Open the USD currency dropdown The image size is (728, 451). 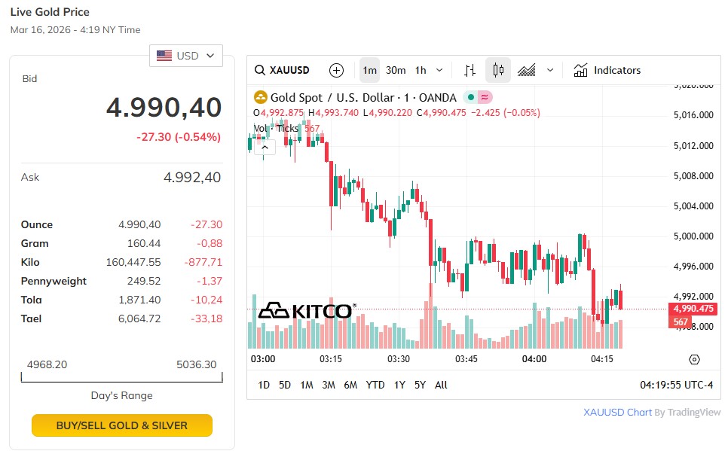tap(185, 56)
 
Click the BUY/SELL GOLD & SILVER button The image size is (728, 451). tap(122, 425)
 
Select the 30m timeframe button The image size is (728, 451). tap(396, 70)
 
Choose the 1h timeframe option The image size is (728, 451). tap(421, 70)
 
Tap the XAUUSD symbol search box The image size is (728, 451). tap(283, 70)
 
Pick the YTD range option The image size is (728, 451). tap(375, 385)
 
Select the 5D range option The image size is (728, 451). tap(285, 385)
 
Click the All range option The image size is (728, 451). tap(441, 385)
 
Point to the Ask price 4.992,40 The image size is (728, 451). tap(192, 178)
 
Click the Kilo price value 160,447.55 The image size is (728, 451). tap(133, 262)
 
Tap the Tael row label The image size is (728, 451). tap(31, 318)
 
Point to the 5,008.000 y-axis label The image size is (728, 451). tap(693, 176)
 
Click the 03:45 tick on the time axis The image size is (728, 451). tap(466, 359)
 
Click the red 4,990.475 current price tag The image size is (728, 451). tap(691, 309)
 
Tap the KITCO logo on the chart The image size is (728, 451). tap(305, 311)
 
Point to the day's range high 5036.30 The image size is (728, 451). tap(196, 364)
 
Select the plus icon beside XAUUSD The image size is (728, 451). tap(336, 70)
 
